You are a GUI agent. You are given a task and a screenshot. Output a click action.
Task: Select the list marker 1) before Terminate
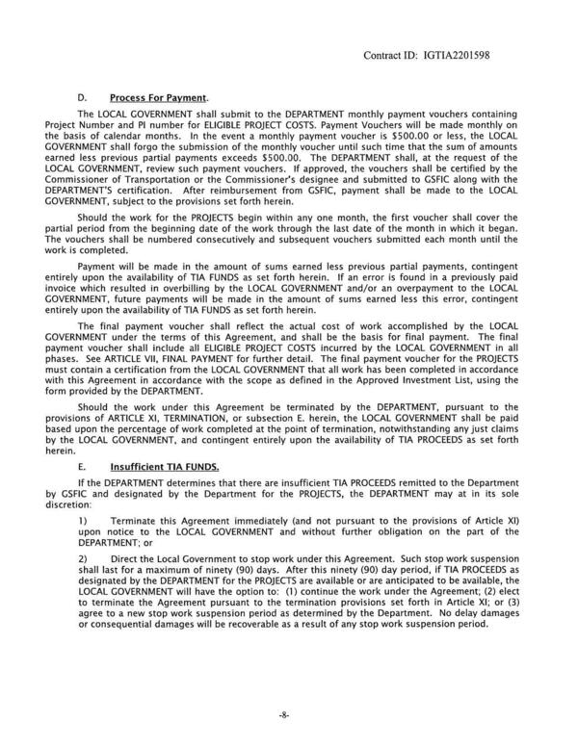[x=82, y=519]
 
